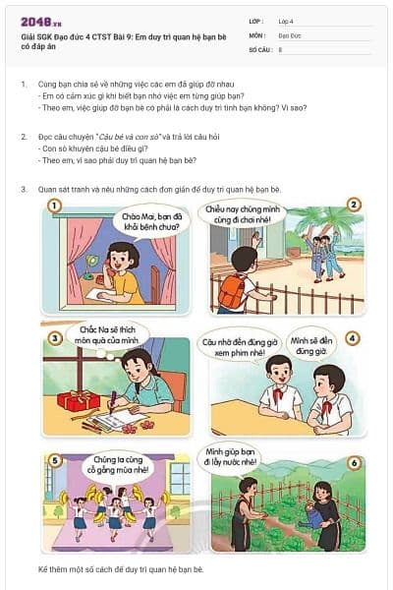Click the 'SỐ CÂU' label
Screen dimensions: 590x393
tap(259, 48)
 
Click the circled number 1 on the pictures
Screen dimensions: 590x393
tap(54, 206)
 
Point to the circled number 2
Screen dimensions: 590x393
tap(353, 205)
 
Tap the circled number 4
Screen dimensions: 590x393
tap(353, 337)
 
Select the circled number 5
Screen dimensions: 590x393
tap(55, 459)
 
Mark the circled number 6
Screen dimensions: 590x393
tap(353, 462)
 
